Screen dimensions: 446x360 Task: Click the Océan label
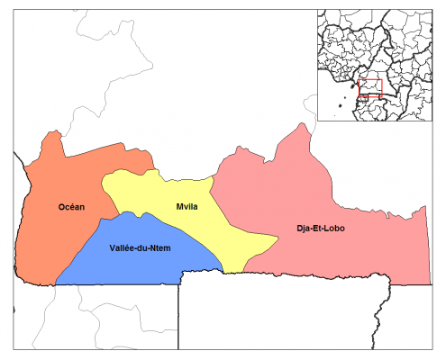[71, 207]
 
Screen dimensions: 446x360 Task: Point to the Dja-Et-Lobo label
[320, 228]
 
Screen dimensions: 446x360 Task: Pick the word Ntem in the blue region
[165, 247]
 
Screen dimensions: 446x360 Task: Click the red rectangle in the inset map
[370, 88]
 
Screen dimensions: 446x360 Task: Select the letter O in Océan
[61, 207]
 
